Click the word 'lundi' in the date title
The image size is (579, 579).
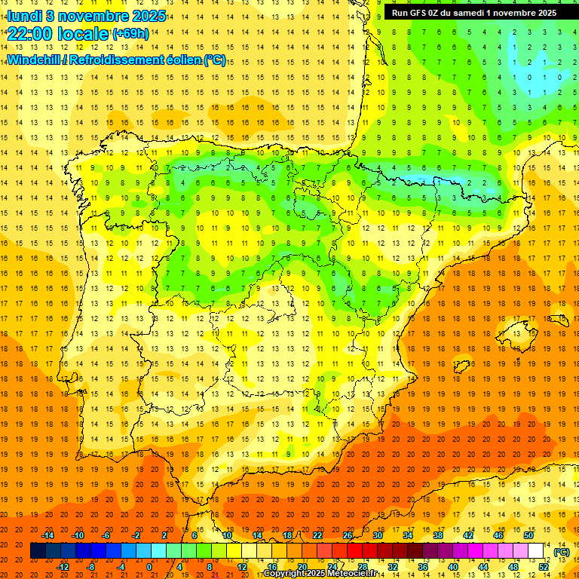(x=24, y=16)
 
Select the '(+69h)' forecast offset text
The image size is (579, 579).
(x=130, y=34)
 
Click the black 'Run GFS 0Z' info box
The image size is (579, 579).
(x=474, y=13)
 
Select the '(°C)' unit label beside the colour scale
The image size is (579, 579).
(x=561, y=552)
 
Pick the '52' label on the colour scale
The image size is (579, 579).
(x=544, y=567)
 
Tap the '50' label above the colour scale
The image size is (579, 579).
(x=528, y=535)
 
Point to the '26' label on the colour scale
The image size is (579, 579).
(x=348, y=535)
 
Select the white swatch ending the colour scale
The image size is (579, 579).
(x=536, y=551)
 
